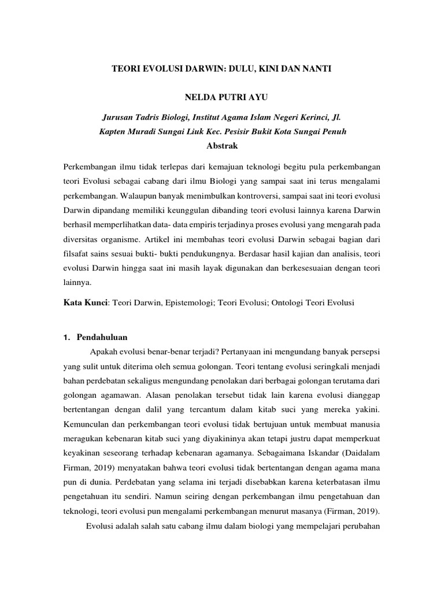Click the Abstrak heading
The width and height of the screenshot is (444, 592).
pyautogui.click(x=222, y=146)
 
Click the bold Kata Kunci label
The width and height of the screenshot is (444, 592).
pyautogui.click(x=86, y=302)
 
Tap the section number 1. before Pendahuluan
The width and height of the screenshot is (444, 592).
pyautogui.click(x=66, y=337)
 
